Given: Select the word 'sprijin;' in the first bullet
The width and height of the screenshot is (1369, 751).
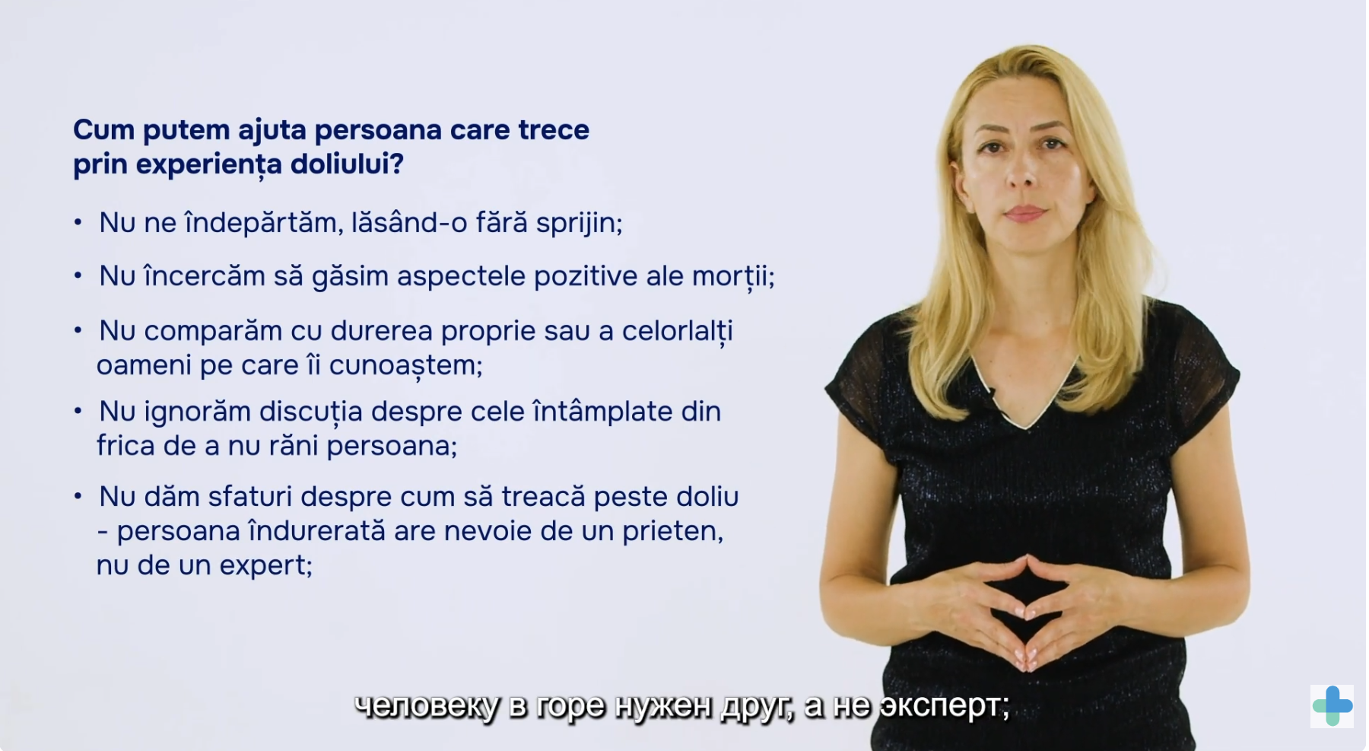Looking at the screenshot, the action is tap(580, 224).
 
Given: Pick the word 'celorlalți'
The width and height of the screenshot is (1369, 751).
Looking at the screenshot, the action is tap(678, 332).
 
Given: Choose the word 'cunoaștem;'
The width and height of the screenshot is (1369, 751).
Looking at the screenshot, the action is tap(406, 367).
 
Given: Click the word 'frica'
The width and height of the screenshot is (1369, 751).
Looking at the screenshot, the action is tap(125, 445).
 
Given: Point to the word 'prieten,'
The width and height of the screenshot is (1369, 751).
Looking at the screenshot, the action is tap(673, 532).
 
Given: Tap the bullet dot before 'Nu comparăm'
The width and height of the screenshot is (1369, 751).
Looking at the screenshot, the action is tap(78, 331).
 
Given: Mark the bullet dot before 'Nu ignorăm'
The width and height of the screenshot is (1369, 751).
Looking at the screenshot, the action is tap(78, 412).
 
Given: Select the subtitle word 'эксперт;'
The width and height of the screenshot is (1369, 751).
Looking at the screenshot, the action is tap(945, 707).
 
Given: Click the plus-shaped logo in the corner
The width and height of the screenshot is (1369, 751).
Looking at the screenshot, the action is tap(1332, 706).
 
